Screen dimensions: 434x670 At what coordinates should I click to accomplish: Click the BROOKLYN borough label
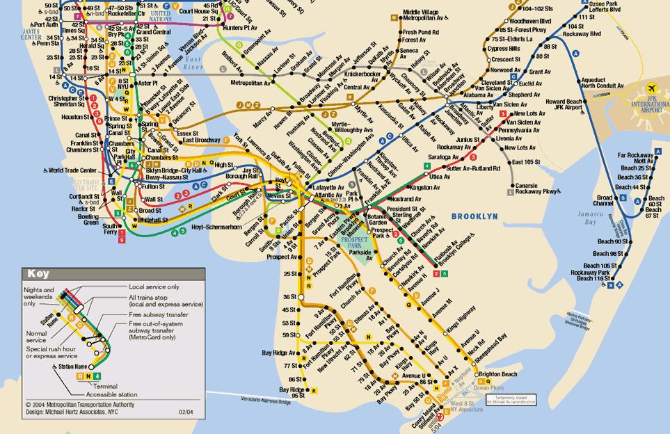(x=474, y=217)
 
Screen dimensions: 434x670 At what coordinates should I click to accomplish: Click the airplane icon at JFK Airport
(x=652, y=90)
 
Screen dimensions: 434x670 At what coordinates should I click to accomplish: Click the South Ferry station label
(x=110, y=230)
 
